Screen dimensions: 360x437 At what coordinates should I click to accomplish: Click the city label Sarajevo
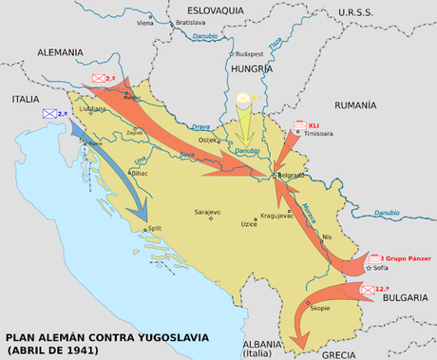point(207,212)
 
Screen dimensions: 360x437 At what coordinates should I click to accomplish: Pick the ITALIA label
point(27,98)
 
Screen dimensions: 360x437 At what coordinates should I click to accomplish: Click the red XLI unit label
point(313,124)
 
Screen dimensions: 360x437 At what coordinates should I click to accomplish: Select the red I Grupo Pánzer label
point(406,257)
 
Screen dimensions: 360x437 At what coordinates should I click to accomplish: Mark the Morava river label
point(310,210)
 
